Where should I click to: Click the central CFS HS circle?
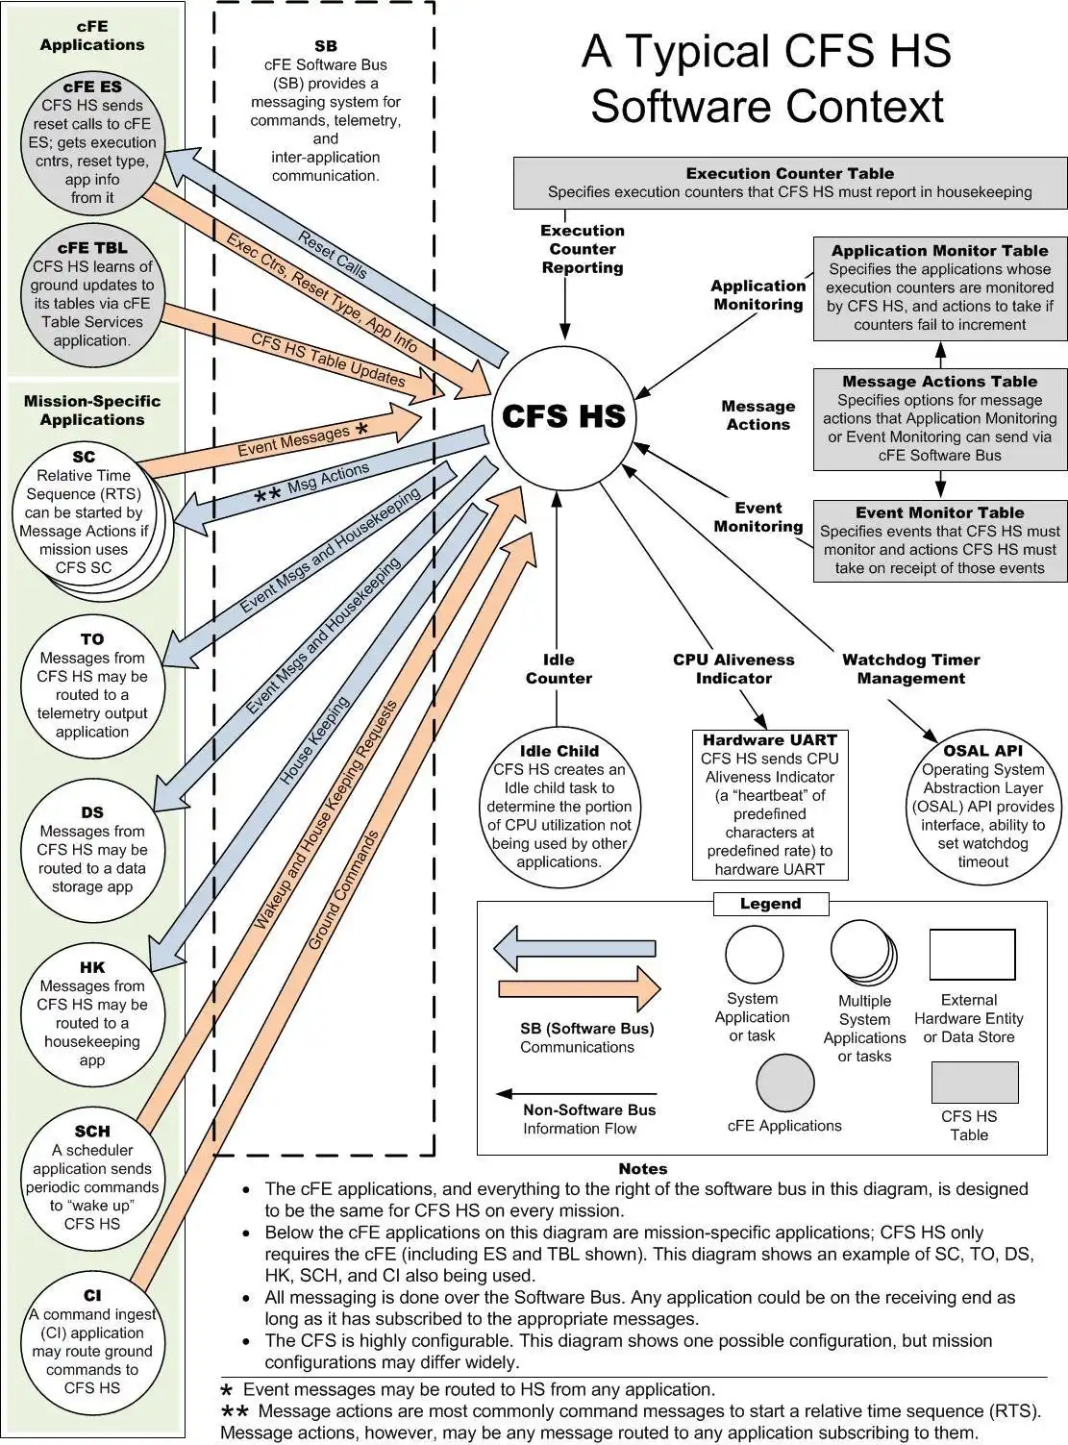tap(563, 415)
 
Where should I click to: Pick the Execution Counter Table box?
tap(790, 183)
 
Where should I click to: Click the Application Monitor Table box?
tap(939, 288)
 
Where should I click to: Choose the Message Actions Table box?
tap(939, 419)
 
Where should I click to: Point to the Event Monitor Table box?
tap(939, 540)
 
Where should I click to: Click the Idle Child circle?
tap(559, 806)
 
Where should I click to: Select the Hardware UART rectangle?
tap(769, 805)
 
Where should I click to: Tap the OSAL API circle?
tap(982, 806)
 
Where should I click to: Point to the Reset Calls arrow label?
tap(333, 255)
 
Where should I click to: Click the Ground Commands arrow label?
tap(343, 890)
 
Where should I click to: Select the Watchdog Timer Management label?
tap(910, 669)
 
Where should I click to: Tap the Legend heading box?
tap(770, 904)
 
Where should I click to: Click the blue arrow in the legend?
tap(575, 949)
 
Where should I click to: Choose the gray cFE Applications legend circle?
tap(785, 1083)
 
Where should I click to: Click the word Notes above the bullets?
tap(642, 1168)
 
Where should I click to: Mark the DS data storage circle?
tap(92, 849)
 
